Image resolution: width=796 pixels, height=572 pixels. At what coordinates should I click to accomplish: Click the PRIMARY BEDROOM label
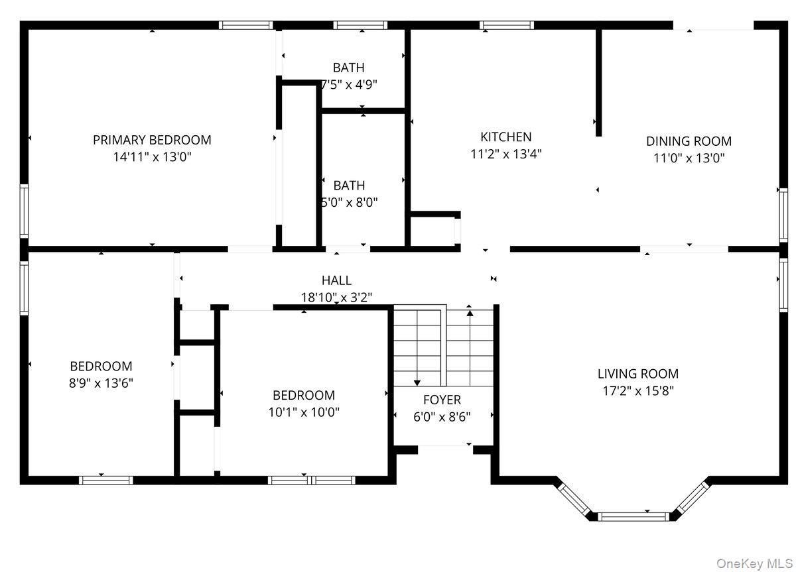click(x=152, y=140)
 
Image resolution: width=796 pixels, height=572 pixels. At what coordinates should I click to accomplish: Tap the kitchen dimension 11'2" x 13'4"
click(x=506, y=154)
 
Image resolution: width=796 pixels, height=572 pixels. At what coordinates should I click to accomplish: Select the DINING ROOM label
click(x=689, y=141)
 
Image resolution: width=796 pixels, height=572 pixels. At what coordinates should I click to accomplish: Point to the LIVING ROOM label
click(x=638, y=374)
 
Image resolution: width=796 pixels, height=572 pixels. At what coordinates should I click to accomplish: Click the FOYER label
click(x=442, y=400)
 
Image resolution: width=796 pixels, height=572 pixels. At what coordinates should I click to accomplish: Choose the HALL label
click(x=336, y=280)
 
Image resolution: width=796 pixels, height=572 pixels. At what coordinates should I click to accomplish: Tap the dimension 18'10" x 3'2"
click(x=336, y=297)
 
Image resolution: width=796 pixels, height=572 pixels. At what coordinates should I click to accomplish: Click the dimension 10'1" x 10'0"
click(x=304, y=412)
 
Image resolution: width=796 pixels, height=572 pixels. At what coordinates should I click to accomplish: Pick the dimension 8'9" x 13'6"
click(x=101, y=383)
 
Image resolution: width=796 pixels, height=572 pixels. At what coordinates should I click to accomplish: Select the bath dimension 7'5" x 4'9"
click(x=349, y=84)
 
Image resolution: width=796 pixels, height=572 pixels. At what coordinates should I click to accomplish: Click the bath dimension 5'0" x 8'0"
click(x=349, y=202)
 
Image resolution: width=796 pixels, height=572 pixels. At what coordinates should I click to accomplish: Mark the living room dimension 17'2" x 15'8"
click(x=638, y=391)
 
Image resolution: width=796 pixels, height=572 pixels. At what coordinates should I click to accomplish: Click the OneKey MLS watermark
click(x=754, y=564)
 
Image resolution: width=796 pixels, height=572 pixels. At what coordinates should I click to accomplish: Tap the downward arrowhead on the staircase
click(x=417, y=383)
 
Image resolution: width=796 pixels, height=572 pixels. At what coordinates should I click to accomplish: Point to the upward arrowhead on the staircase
click(x=470, y=313)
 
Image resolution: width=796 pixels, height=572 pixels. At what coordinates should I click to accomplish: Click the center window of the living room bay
click(x=633, y=516)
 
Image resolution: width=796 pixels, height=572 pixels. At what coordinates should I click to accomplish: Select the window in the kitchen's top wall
click(x=507, y=25)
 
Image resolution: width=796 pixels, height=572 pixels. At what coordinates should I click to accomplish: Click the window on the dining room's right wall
click(x=783, y=215)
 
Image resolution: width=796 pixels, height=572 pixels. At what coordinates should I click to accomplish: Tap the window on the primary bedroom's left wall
click(x=24, y=211)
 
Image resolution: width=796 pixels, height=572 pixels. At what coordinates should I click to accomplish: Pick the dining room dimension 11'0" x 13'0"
click(x=689, y=158)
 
